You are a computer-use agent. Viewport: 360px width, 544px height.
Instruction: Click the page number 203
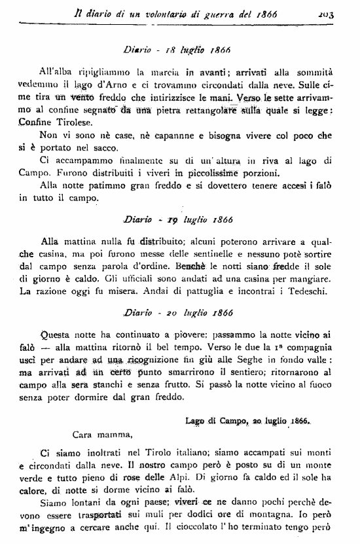click(340, 10)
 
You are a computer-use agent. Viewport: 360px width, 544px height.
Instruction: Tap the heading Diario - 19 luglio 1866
click(179, 218)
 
